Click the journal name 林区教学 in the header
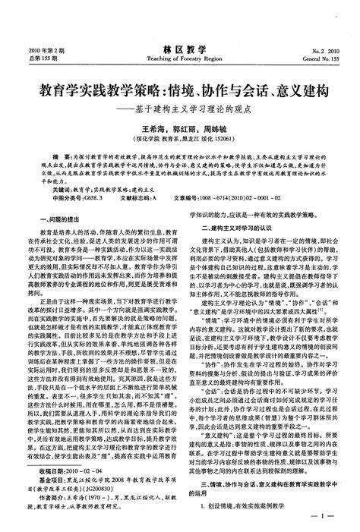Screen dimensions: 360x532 click(x=179, y=48)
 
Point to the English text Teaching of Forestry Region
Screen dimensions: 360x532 click(x=179, y=58)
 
